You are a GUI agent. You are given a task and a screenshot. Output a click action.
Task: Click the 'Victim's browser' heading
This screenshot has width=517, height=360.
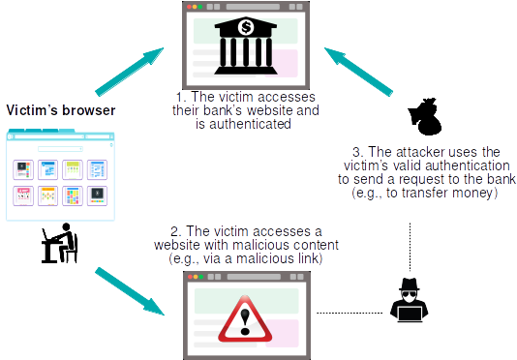pos(61,110)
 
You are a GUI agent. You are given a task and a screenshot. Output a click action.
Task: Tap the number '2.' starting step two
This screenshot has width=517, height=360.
pos(175,232)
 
